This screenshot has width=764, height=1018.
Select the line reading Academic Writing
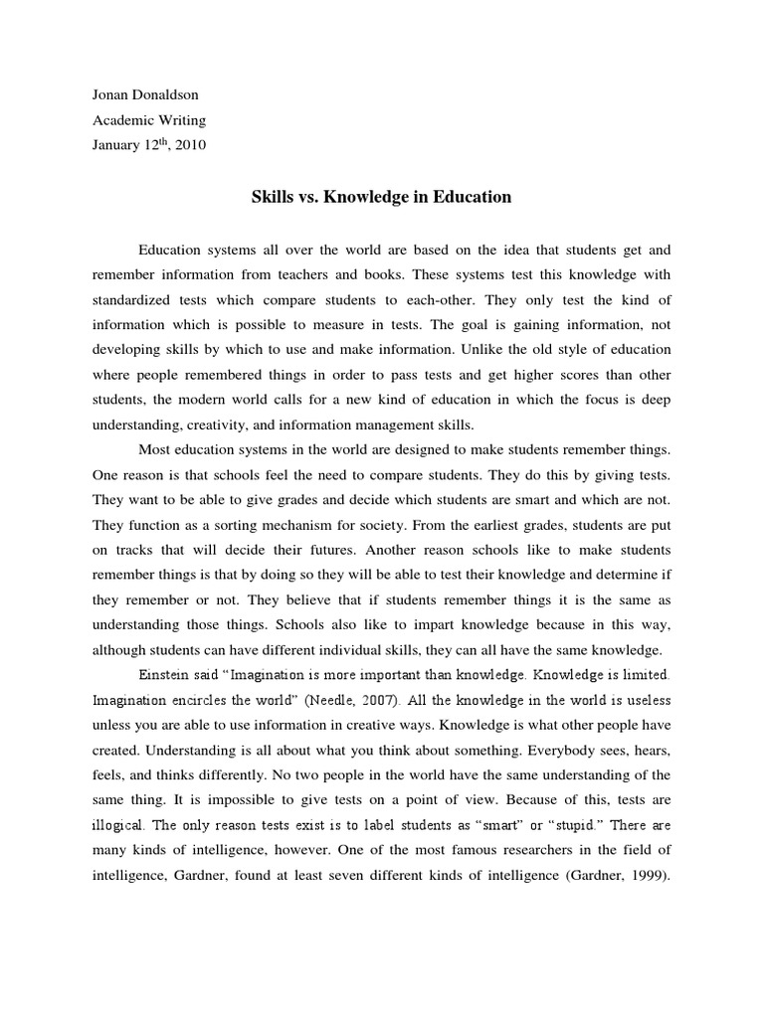coord(148,121)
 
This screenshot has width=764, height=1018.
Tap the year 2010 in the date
coord(191,145)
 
